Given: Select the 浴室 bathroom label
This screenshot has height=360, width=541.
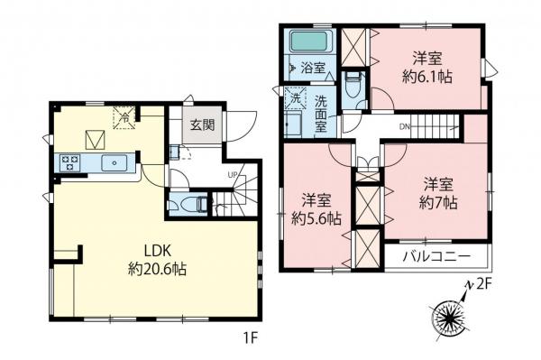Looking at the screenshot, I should pyautogui.click(x=313, y=68).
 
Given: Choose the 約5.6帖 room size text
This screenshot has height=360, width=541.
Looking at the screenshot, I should pyautogui.click(x=314, y=218).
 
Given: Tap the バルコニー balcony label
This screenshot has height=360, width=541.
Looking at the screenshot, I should pyautogui.click(x=438, y=257).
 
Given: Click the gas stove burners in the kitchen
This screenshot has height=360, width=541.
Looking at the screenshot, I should pyautogui.click(x=70, y=162).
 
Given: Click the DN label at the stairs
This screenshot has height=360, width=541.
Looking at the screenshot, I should pyautogui.click(x=407, y=127).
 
